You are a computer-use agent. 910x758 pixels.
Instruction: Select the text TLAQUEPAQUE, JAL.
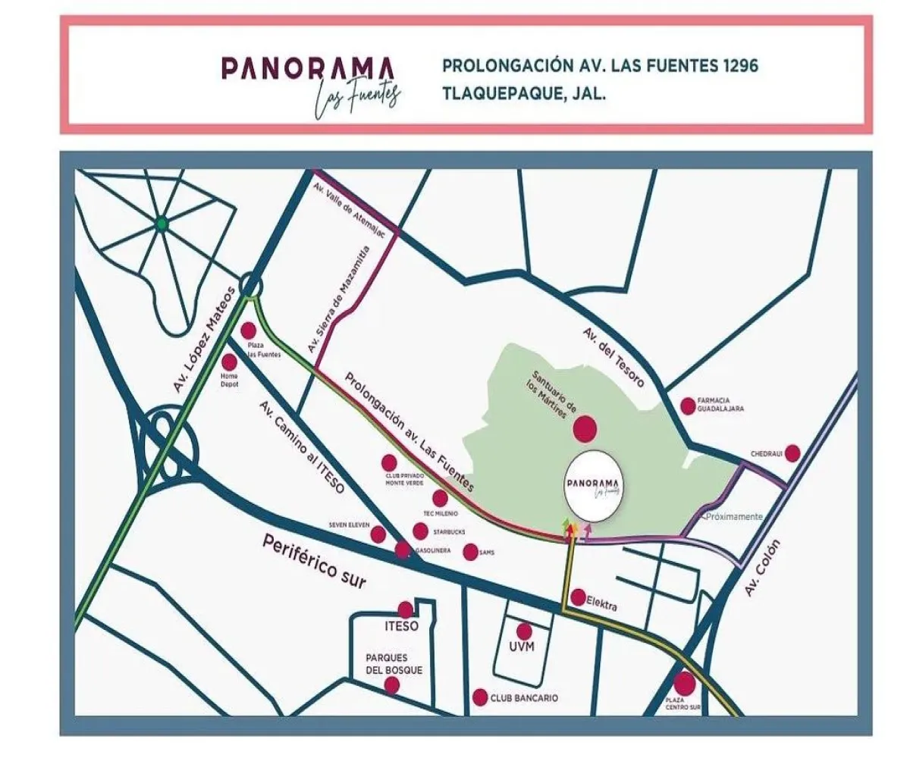(x=524, y=96)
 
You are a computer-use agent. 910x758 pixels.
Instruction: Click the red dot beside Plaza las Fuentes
(x=249, y=330)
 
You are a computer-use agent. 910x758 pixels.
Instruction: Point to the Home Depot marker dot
(x=229, y=362)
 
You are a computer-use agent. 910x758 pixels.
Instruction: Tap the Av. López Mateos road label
(x=202, y=340)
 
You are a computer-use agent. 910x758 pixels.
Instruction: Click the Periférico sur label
(x=314, y=562)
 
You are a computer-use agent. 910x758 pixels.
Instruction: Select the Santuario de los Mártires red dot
(x=585, y=429)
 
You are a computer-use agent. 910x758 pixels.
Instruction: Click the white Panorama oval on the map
(x=593, y=487)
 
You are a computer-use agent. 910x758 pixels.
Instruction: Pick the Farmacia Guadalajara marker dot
(x=688, y=406)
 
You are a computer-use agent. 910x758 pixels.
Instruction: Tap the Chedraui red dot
(x=792, y=453)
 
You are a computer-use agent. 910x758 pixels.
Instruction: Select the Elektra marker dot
(x=578, y=597)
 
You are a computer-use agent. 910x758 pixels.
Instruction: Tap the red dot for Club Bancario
(x=479, y=697)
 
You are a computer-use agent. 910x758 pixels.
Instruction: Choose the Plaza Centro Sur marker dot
(x=684, y=682)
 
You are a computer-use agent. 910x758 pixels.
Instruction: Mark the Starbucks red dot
(x=420, y=531)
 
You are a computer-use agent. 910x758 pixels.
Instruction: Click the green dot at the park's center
(x=161, y=224)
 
